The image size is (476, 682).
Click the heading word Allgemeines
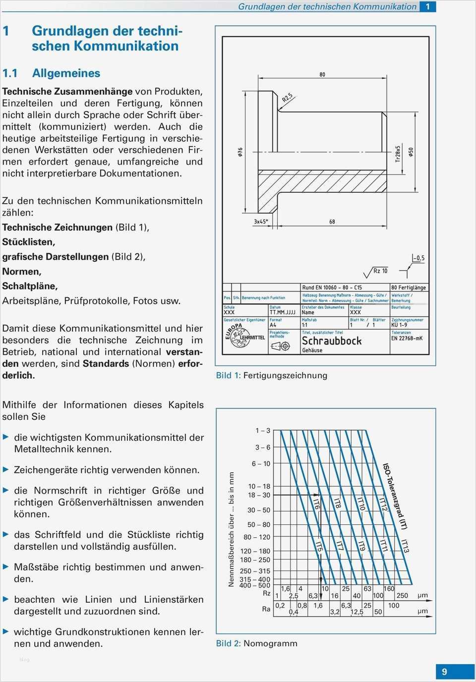tap(66, 73)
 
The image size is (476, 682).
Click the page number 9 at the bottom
tap(444, 672)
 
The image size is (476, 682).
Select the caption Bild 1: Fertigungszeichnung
tap(271, 375)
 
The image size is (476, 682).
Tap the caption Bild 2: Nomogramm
tap(256, 643)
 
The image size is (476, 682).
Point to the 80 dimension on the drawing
tap(322, 74)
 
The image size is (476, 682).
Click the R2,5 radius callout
tap(288, 98)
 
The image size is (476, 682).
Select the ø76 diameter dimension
tap(240, 152)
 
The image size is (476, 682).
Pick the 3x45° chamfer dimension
tap(261, 222)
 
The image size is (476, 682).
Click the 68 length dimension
tap(332, 222)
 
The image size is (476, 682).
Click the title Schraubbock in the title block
tap(332, 341)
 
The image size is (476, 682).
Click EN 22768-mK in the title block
tap(407, 339)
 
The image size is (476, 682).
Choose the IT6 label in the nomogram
tap(316, 504)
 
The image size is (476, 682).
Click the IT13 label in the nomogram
tap(405, 546)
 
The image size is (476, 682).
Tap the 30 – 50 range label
tap(259, 510)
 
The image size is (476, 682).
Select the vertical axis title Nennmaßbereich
tap(231, 529)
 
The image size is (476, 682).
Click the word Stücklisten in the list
tap(28, 242)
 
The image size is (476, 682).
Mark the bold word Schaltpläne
tap(30, 286)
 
